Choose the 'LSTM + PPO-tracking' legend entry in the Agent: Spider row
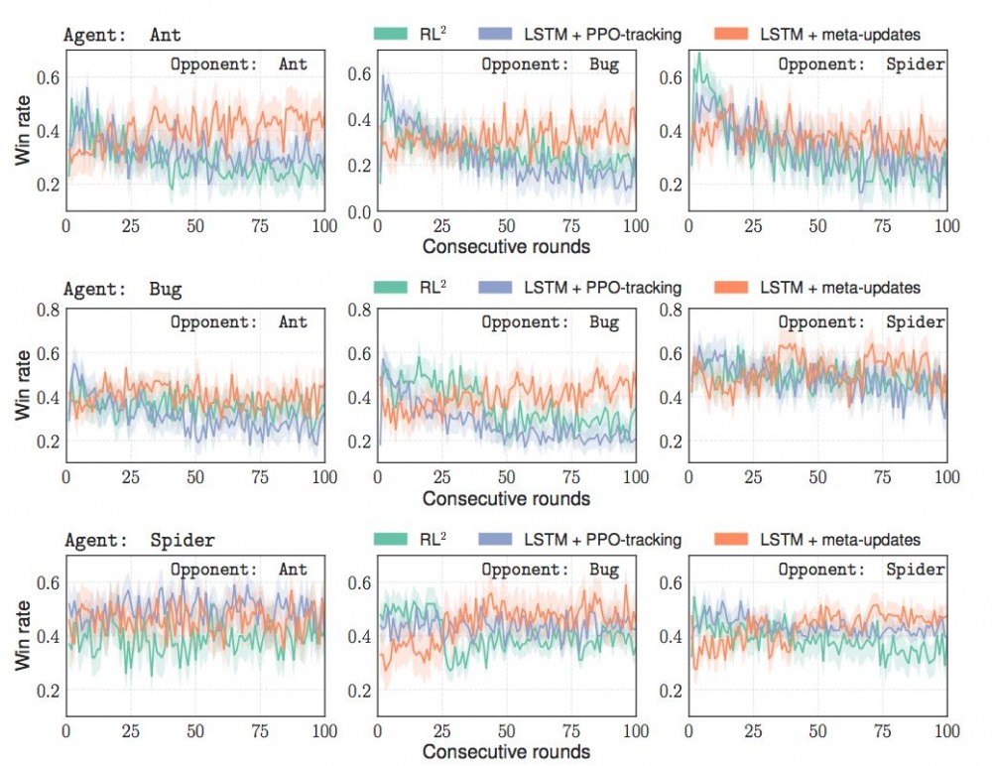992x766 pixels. pos(580,540)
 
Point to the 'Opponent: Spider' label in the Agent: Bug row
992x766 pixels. pos(861,322)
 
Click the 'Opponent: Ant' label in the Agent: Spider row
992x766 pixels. pos(238,570)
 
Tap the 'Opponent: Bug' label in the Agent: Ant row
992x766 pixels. pos(550,65)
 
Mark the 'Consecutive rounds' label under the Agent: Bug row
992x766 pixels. pos(507,498)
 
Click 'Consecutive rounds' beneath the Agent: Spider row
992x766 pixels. pos(507,751)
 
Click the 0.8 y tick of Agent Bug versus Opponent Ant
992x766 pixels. pos(46,309)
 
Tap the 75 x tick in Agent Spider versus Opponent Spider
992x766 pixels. pos(881,731)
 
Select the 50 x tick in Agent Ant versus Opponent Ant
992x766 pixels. pos(195,226)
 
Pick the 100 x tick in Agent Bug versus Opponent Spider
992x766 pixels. pos(946,478)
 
